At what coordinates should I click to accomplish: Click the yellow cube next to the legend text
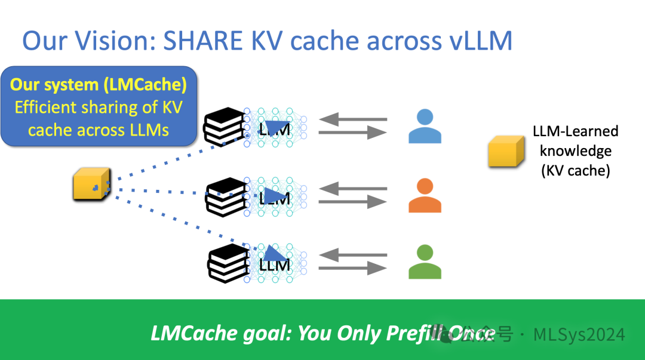[506, 151]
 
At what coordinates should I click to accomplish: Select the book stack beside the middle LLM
[226, 196]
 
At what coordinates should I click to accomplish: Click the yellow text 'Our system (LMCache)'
[99, 85]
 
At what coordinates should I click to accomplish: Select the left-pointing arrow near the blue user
[352, 119]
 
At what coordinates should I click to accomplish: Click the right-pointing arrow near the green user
[352, 269]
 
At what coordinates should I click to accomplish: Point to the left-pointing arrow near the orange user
[352, 189]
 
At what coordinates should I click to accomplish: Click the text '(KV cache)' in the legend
[575, 170]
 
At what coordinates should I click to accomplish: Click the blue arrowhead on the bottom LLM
[272, 254]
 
